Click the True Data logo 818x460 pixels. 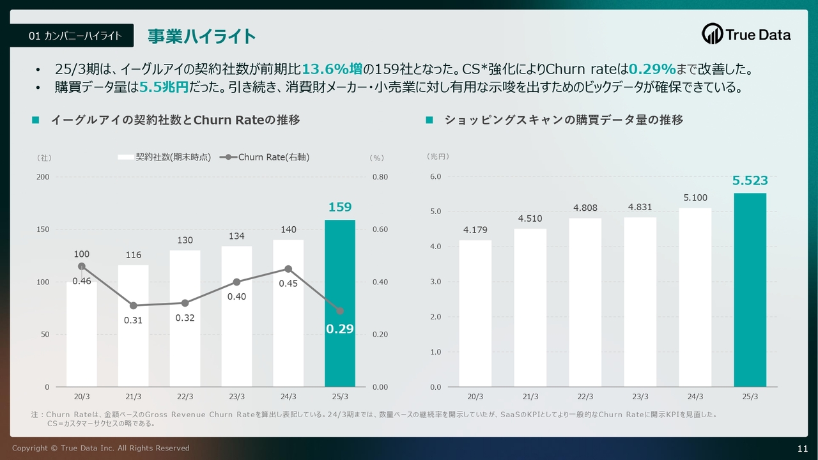746,34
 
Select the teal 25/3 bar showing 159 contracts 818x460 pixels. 340,303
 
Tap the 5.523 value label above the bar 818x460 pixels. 750,181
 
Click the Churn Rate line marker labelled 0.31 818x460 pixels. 133,306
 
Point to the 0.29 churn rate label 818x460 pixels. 339,329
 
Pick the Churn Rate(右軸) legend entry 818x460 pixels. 265,157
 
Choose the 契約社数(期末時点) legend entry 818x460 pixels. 165,157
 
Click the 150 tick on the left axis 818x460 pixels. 43,229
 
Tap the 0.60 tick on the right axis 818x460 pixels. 380,229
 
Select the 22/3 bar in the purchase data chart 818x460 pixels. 585,302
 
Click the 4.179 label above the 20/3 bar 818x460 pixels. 475,231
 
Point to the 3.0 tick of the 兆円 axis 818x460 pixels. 435,282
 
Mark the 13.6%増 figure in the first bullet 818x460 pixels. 336,69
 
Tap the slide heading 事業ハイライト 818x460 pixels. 202,36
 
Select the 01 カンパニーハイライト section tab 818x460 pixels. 75,36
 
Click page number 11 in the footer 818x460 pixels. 803,448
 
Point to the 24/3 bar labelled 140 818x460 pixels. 288,313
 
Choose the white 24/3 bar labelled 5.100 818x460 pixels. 695,297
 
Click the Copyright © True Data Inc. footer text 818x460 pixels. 101,448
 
